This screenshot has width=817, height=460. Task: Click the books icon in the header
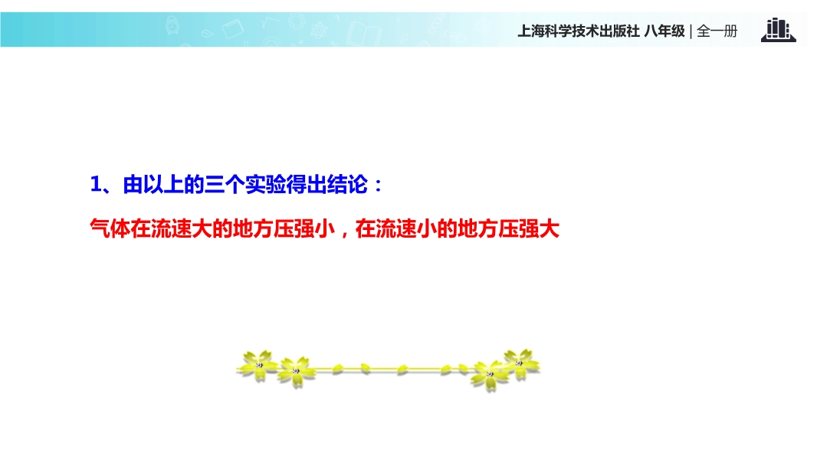pos(778,30)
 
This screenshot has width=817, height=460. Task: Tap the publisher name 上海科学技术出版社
pos(579,31)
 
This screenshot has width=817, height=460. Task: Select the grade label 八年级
pos(664,31)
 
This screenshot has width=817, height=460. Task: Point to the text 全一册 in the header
pos(717,31)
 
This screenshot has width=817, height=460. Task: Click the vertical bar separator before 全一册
pos(691,31)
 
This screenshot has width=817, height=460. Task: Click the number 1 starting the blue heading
pos(96,185)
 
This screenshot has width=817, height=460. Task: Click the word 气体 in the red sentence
pos(110,228)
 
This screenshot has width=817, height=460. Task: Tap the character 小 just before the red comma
pos(325,228)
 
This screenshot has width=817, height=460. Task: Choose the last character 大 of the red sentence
pos(550,228)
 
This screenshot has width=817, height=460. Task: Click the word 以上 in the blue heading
pos(154,185)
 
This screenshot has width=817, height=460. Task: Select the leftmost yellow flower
pos(258,365)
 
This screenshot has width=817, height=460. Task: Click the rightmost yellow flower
pos(520,363)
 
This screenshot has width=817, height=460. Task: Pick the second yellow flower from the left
pos(296,371)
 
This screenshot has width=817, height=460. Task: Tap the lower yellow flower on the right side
pos(489,375)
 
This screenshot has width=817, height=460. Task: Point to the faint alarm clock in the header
pos(172,25)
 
